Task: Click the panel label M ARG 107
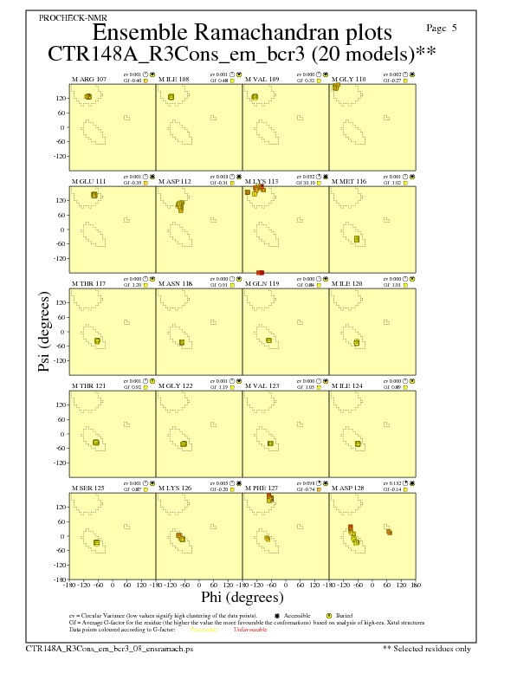[89, 79]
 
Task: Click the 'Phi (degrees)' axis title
[242, 597]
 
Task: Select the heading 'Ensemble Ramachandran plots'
[242, 33]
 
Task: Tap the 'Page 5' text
[442, 28]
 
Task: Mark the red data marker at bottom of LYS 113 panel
[260, 273]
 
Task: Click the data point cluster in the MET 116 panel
[357, 238]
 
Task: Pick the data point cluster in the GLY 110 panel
[336, 87]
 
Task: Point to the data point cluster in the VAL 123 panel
[270, 443]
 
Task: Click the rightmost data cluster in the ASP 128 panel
[389, 532]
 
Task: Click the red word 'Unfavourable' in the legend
[250, 630]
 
